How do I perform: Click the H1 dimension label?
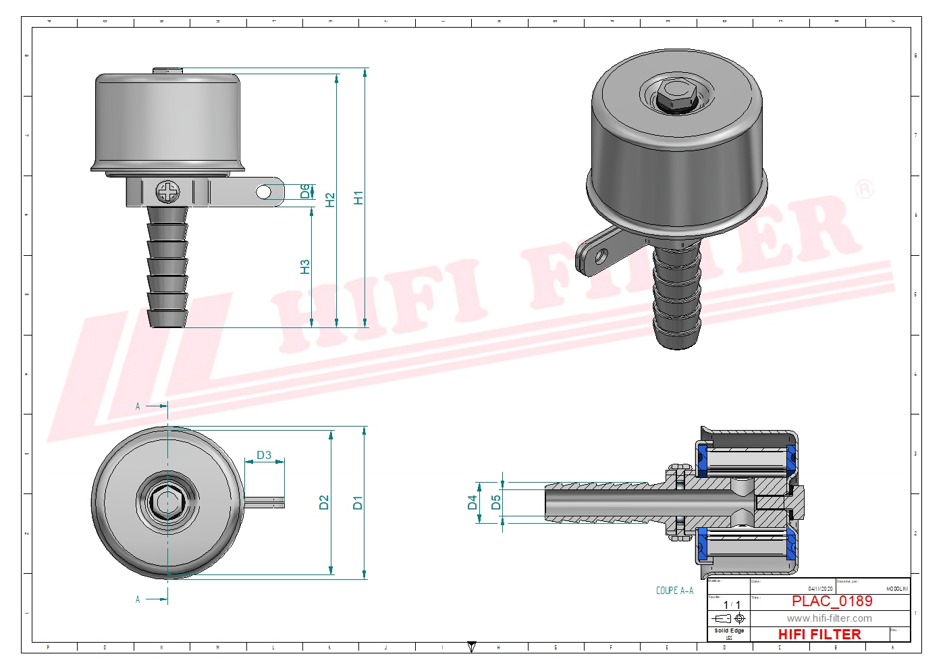358,198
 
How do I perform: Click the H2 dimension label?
330,200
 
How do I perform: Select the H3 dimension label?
305,267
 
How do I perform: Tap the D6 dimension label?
305,192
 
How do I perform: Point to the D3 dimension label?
264,455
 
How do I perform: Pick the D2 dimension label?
324,502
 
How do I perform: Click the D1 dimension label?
358,502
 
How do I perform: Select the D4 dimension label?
473,502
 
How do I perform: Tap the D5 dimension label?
496,502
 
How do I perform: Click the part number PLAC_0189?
832,601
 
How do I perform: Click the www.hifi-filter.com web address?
829,618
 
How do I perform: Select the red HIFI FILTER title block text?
819,635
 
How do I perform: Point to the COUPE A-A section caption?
674,591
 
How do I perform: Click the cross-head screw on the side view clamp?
168,192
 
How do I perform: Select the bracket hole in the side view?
264,192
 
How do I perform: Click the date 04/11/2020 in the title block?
820,589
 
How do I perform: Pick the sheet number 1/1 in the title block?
732,606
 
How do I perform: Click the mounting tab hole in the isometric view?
600,257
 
